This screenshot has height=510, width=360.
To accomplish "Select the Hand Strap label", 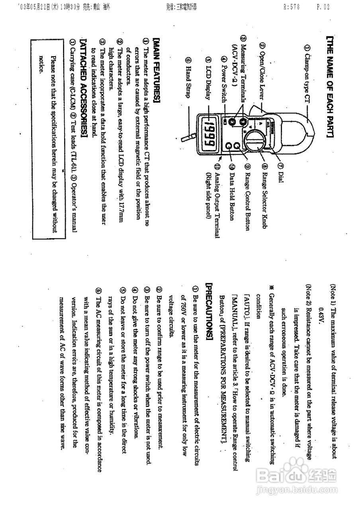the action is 188,75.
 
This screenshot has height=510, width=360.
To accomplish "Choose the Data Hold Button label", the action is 232,191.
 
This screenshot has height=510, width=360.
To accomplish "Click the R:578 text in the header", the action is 291,6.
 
